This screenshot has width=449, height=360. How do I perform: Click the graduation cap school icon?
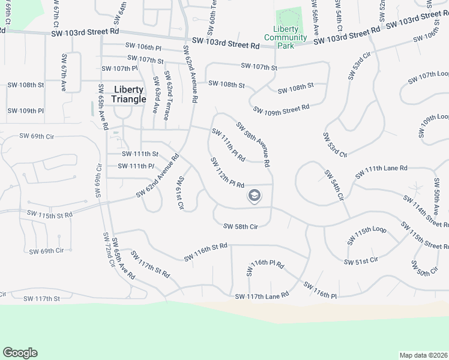pyautogui.click(x=255, y=196)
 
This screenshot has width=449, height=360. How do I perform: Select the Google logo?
pyautogui.click(x=20, y=353)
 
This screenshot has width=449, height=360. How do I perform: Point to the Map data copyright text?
pyautogui.click(x=424, y=355)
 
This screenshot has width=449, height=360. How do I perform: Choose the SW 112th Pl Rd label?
pyautogui.click(x=227, y=173)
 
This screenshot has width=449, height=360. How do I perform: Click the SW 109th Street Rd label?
pyautogui.click(x=281, y=109)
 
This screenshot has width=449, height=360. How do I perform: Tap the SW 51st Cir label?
pyautogui.click(x=361, y=261)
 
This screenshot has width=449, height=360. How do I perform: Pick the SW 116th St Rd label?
pyautogui.click(x=206, y=252)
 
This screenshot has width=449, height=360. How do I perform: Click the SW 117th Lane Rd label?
pyautogui.click(x=262, y=296)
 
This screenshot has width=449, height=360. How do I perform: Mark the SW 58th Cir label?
pyautogui.click(x=240, y=226)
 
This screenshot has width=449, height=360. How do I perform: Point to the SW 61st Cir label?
pyautogui.click(x=179, y=193)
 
